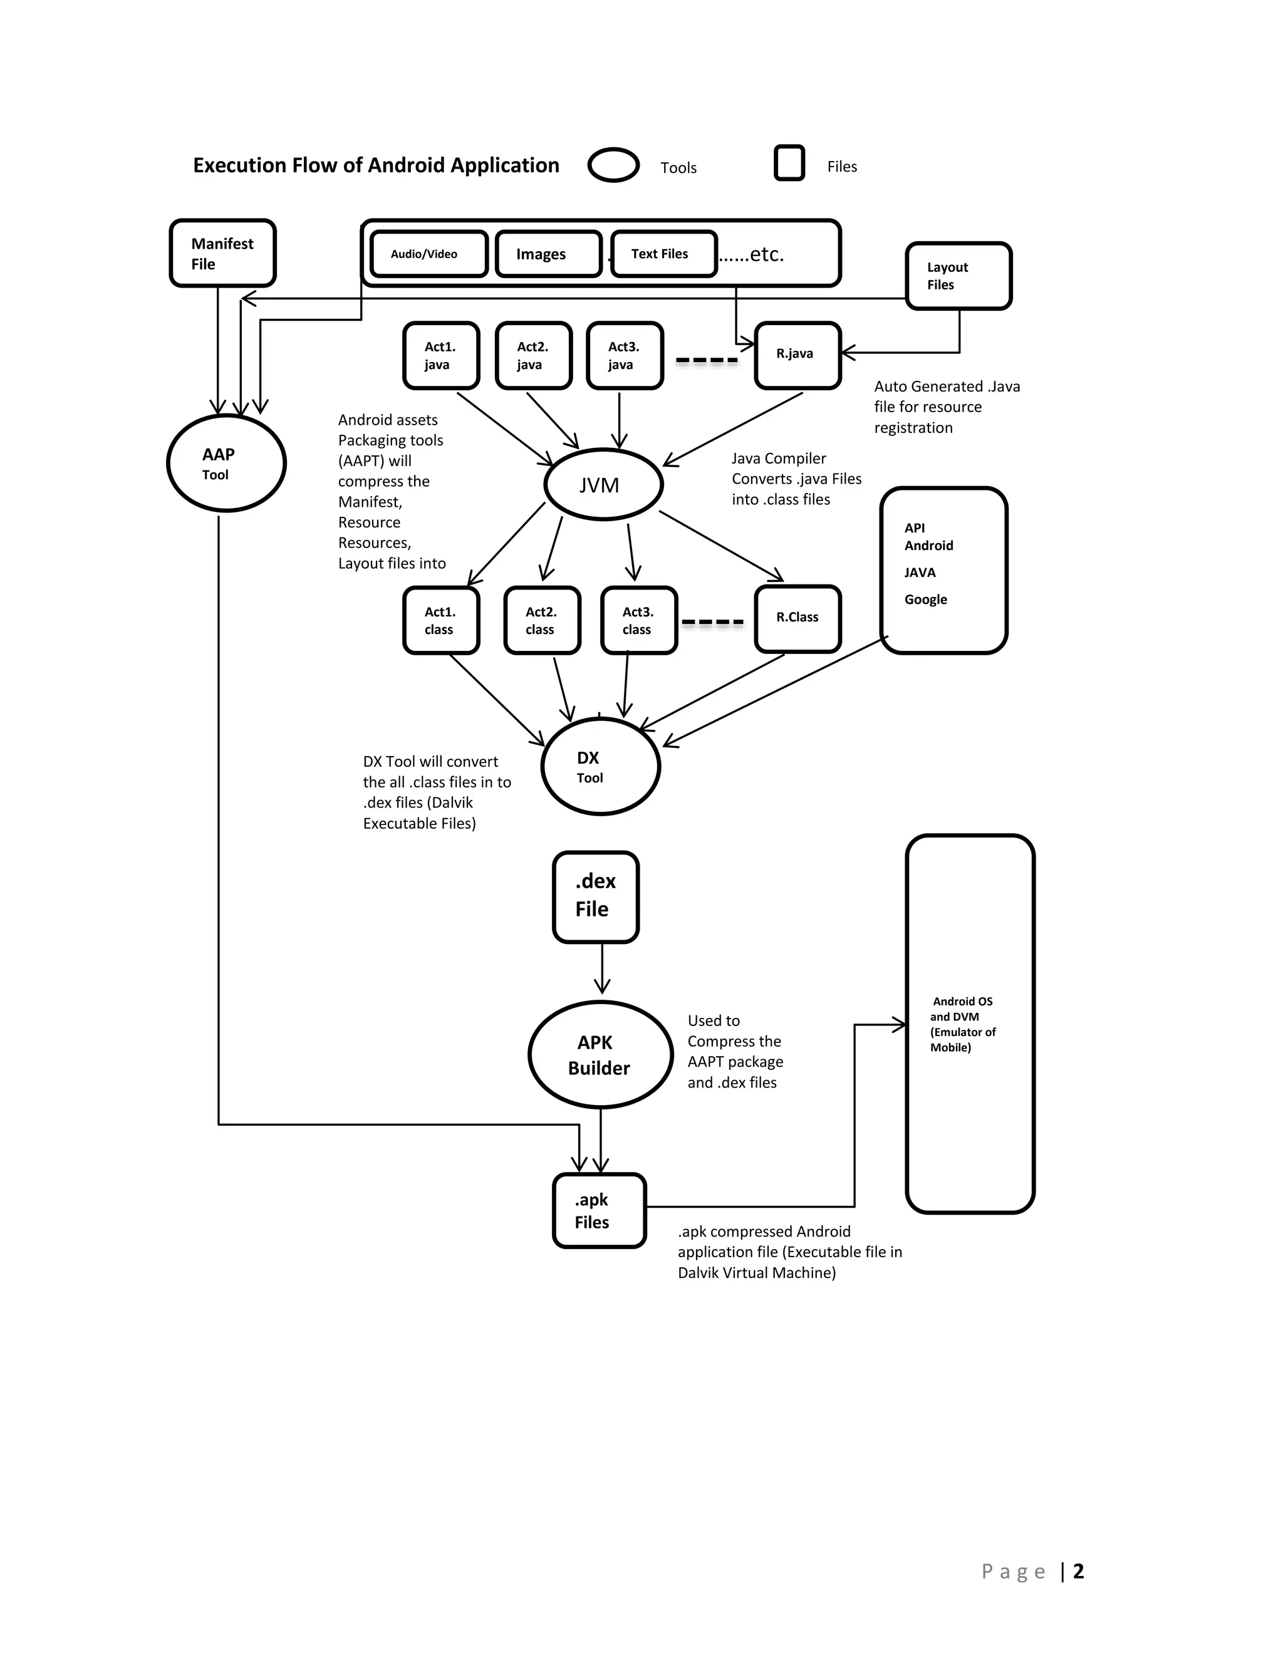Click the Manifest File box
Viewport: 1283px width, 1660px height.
pyautogui.click(x=222, y=253)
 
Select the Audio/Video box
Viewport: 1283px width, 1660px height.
pyautogui.click(x=429, y=254)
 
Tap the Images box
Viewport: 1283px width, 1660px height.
pyautogui.click(x=548, y=254)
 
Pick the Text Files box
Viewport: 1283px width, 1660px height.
pyautogui.click(x=663, y=254)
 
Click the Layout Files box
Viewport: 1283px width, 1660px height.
pyautogui.click(x=958, y=276)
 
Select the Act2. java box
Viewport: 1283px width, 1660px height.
pyautogui.click(x=533, y=356)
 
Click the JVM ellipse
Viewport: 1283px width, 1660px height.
pyautogui.click(x=603, y=484)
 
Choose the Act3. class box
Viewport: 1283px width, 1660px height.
pyautogui.click(x=638, y=620)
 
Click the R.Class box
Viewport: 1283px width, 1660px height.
pyautogui.click(x=797, y=618)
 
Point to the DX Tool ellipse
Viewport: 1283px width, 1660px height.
pyautogui.click(x=600, y=766)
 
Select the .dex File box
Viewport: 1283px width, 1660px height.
pyautogui.click(x=595, y=896)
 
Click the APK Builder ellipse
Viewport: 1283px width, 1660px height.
pyautogui.click(x=600, y=1054)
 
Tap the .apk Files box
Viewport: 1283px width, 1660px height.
pyautogui.click(x=598, y=1210)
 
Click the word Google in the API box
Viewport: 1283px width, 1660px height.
pyautogui.click(x=925, y=599)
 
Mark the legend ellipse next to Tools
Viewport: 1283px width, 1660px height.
pyautogui.click(x=613, y=165)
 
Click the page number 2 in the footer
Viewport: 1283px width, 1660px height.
pyautogui.click(x=1078, y=1571)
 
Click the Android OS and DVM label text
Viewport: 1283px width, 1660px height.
pyautogui.click(x=962, y=1024)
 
